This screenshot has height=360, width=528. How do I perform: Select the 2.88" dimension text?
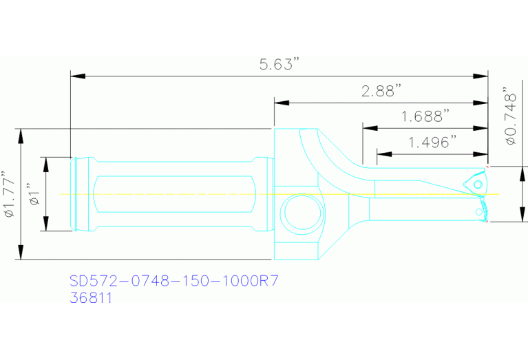(x=381, y=91)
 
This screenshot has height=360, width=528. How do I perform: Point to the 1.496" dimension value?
(x=432, y=142)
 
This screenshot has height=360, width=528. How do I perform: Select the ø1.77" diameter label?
(x=8, y=195)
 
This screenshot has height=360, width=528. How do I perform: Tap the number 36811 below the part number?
(x=92, y=298)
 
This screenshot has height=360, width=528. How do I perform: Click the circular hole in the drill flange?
(x=298, y=213)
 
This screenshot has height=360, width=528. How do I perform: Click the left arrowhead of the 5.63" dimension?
(x=76, y=76)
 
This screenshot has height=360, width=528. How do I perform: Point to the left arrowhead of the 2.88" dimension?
(x=279, y=103)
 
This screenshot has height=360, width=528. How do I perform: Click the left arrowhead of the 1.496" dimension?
(x=381, y=153)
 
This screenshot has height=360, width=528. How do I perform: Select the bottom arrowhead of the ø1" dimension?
(x=47, y=226)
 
